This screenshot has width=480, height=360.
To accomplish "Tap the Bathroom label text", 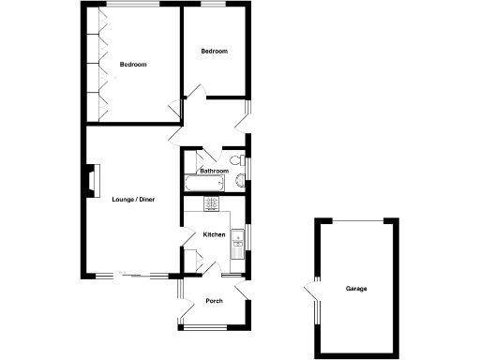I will (x=214, y=172).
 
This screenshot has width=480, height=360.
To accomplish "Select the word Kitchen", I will (x=214, y=234).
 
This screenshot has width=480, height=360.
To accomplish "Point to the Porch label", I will (x=214, y=301).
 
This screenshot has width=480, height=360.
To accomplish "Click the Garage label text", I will (x=355, y=288).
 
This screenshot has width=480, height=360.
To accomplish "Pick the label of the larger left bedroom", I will (x=133, y=65).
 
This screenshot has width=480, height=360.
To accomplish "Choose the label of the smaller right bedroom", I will (x=215, y=52).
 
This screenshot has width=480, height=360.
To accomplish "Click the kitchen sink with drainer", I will (x=239, y=235).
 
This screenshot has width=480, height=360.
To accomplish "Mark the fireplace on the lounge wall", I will (x=91, y=180).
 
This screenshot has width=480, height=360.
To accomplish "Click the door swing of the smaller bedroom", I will (x=195, y=91).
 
